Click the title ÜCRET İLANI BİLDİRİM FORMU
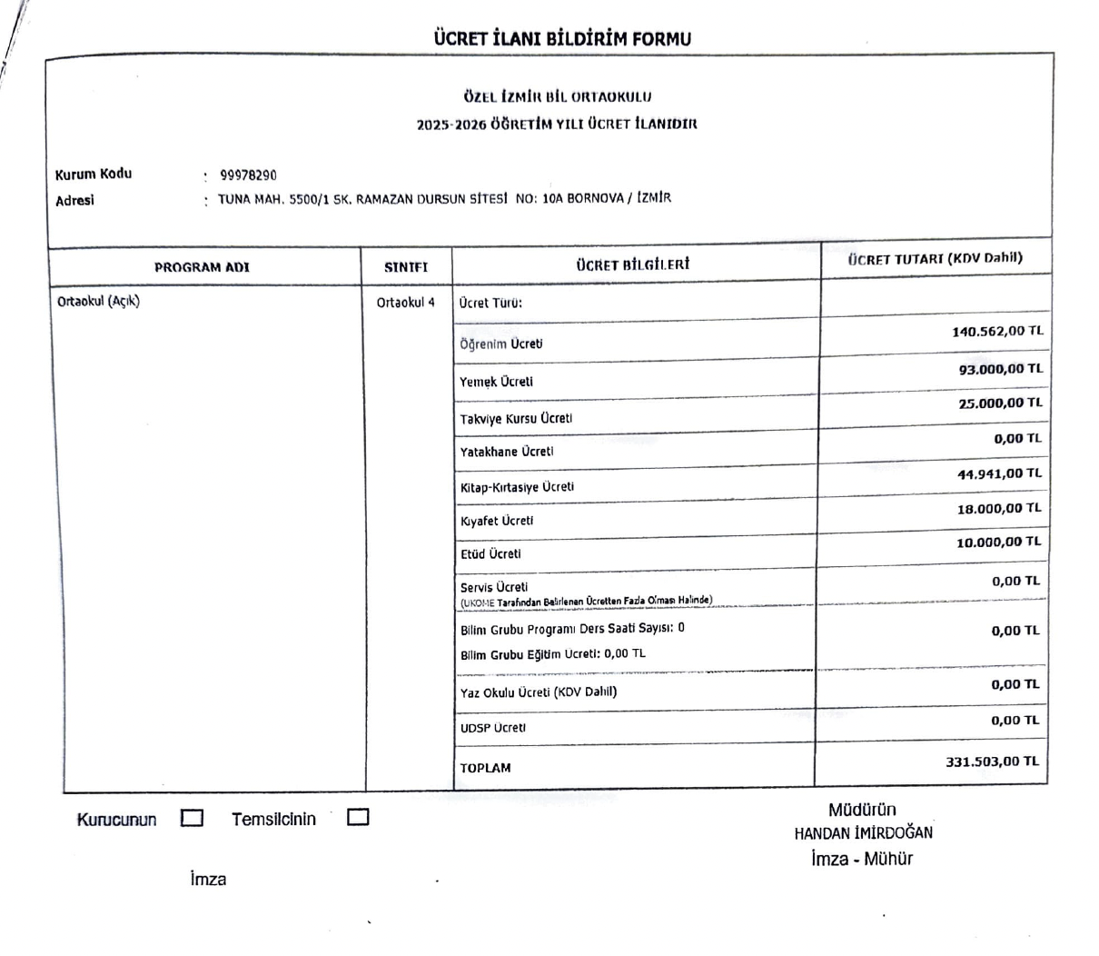(562, 39)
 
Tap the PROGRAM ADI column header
(202, 267)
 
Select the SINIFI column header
(406, 267)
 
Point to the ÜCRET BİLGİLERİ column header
(633, 264)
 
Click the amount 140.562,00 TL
(996, 332)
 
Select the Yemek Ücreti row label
(496, 382)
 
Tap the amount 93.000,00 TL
(1000, 369)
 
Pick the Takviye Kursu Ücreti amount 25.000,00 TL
(1000, 403)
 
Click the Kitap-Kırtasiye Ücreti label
(517, 487)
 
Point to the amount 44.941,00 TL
(999, 473)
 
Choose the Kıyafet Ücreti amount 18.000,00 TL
(999, 508)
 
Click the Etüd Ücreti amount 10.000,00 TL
(999, 542)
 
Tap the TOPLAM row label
(485, 768)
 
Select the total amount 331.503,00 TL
(992, 762)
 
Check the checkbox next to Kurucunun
(192, 818)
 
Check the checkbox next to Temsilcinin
(358, 817)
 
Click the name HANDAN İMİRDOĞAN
(863, 832)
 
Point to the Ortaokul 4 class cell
(405, 303)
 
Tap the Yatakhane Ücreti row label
(506, 452)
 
